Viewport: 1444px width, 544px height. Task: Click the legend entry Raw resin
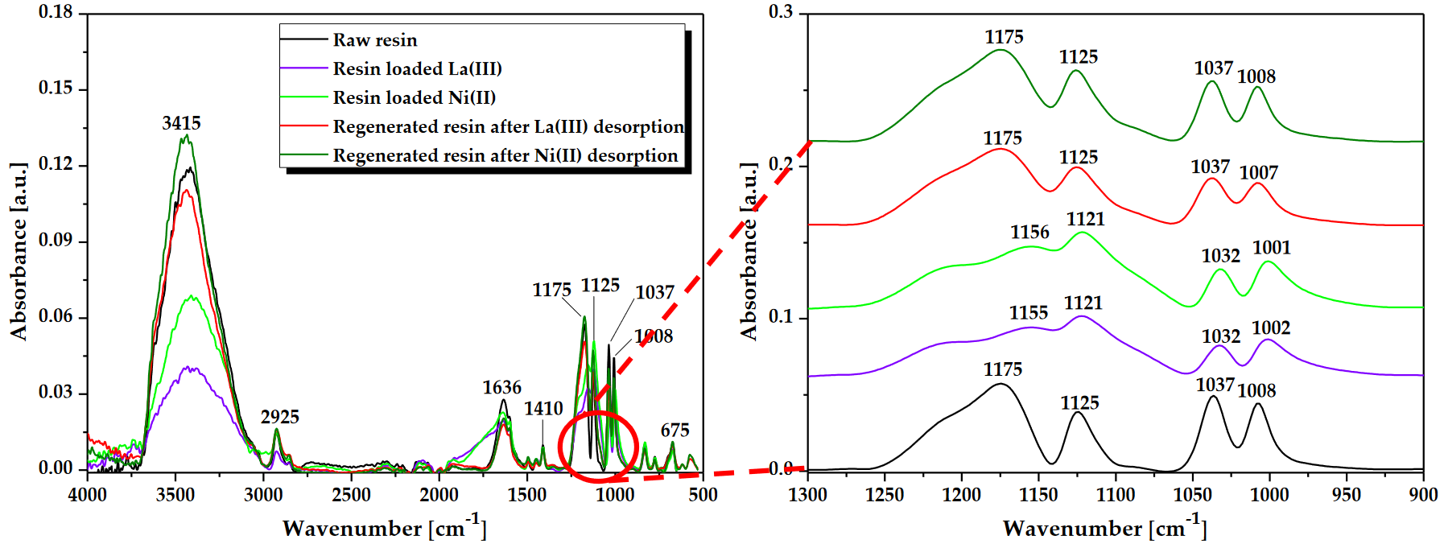[x=374, y=40]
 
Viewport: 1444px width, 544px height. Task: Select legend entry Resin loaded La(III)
[x=417, y=69]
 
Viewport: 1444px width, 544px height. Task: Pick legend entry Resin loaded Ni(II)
[x=414, y=98]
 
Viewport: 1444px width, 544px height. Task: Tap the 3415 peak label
[x=181, y=123]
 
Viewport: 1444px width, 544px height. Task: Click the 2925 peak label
[x=279, y=417]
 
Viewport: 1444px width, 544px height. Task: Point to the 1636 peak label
[x=501, y=388]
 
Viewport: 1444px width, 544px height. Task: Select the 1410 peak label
[x=543, y=409]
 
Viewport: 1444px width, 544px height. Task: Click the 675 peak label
[x=675, y=431]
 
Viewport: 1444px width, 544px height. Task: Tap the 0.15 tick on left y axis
[x=56, y=88]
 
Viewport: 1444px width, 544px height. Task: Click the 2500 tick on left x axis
[x=351, y=495]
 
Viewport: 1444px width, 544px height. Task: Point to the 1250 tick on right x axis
[x=885, y=495]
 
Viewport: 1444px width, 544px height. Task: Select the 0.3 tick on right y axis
[x=780, y=12]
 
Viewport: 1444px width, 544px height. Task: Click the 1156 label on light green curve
[x=1029, y=233]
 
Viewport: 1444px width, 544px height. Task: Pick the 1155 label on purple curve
[x=1029, y=313]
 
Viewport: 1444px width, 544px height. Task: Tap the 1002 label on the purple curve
[x=1271, y=328]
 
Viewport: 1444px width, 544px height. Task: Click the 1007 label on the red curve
[x=1258, y=173]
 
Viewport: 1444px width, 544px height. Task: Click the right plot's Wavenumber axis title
[x=1104, y=527]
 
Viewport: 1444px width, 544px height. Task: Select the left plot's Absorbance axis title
[x=19, y=251]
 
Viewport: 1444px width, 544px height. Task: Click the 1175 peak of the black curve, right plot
[x=1000, y=384]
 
